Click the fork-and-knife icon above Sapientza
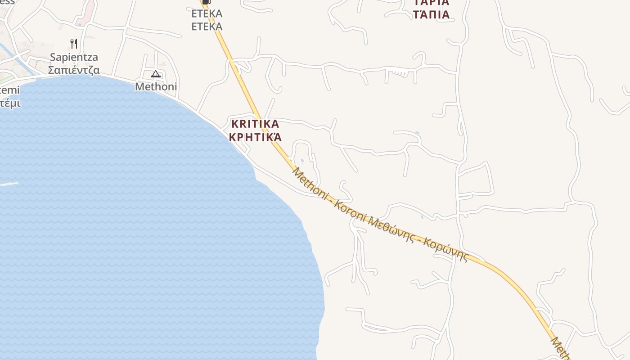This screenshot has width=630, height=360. [x=74, y=44]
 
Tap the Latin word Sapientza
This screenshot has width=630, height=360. [x=74, y=58]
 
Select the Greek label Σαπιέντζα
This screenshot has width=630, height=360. [x=74, y=70]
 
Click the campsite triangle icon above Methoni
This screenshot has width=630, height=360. [x=156, y=74]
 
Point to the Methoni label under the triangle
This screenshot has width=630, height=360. [x=156, y=86]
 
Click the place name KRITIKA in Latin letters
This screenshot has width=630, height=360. [x=255, y=124]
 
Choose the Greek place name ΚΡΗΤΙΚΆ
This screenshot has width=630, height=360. [x=255, y=137]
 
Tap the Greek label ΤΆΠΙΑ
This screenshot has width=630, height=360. [x=432, y=14]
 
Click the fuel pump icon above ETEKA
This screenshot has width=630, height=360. [x=206, y=2]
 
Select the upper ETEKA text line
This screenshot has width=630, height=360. [x=207, y=13]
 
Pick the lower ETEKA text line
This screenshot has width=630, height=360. [x=207, y=26]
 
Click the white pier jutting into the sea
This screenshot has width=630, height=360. [x=9, y=184]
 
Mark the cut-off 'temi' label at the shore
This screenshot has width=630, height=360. [x=9, y=90]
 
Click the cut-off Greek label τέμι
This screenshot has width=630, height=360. [x=9, y=103]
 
